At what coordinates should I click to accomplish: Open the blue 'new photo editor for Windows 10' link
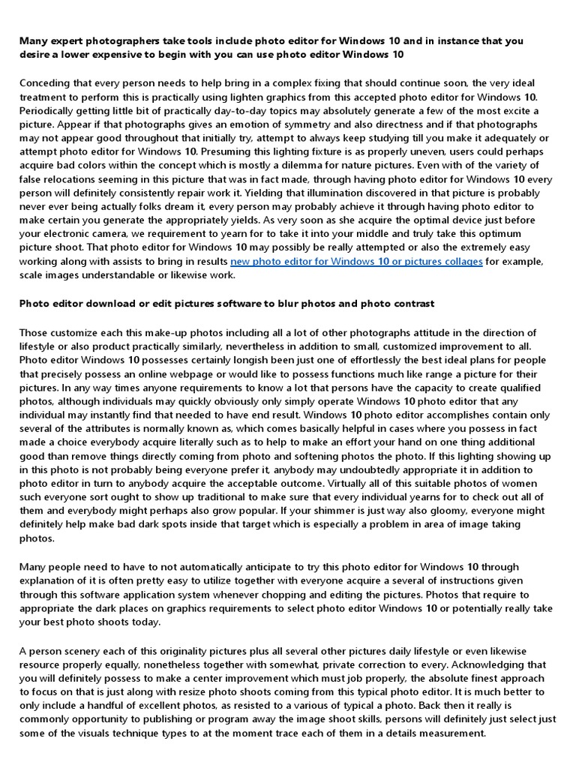pos(356,262)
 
